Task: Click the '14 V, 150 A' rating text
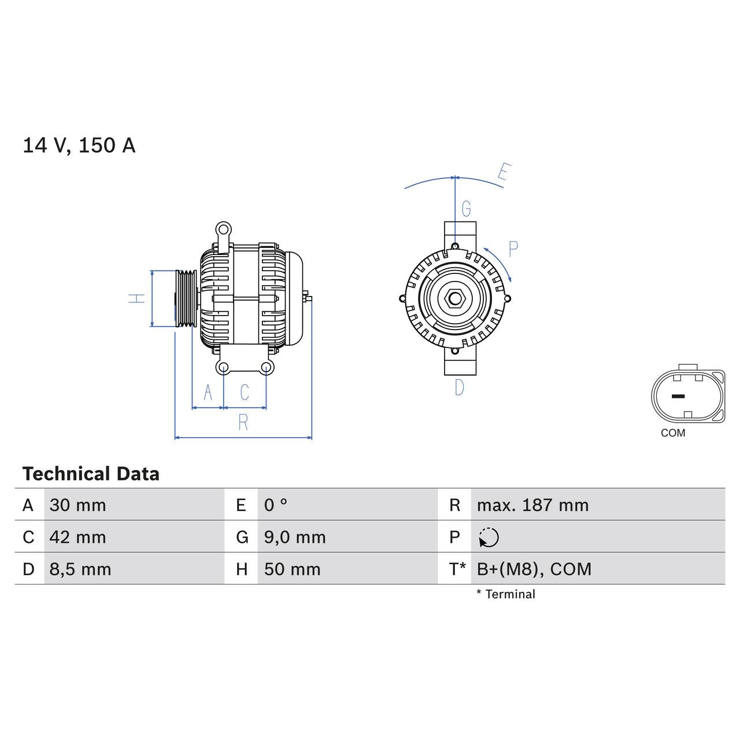pos(79,145)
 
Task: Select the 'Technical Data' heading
pos(91,474)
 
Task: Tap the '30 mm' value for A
pos(77,505)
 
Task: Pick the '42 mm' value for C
pos(77,537)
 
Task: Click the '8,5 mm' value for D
pos(80,569)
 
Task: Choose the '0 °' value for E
pos(276,505)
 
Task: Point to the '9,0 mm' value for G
pos(295,537)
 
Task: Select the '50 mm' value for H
pos(292,569)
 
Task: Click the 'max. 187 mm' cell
pos(532,505)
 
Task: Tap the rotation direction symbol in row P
pos(489,538)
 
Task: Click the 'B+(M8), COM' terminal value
pos(534,569)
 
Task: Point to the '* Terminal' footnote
pos(506,594)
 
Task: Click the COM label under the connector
pos(673,433)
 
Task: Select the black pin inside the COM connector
pos(678,397)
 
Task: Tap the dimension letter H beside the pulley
pos(137,298)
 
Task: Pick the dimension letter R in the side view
pos(243,423)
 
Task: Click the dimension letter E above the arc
pos(504,172)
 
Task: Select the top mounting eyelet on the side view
pos(223,229)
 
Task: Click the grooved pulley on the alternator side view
pos(186,299)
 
